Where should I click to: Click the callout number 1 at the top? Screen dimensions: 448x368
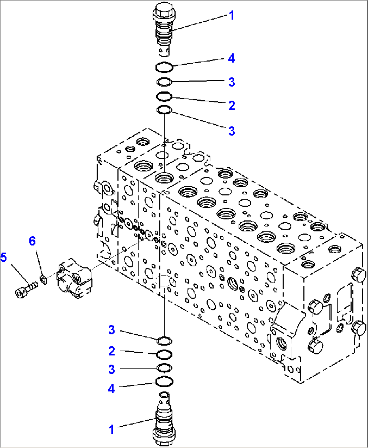click(x=231, y=16)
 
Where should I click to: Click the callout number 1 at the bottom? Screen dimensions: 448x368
click(x=111, y=429)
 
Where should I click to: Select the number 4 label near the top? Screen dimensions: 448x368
click(x=231, y=58)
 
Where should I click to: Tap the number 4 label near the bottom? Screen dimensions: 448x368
click(x=111, y=388)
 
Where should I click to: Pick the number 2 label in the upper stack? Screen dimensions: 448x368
click(x=232, y=105)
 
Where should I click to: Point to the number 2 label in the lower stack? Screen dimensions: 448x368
click(x=112, y=351)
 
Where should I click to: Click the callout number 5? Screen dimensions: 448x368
click(x=3, y=257)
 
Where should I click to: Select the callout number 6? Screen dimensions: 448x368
click(x=32, y=241)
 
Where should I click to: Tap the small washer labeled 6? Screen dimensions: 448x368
click(x=43, y=279)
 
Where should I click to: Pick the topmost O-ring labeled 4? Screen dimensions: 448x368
click(x=164, y=67)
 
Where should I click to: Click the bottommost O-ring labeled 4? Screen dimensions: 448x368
click(x=164, y=381)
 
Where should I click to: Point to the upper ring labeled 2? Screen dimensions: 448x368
click(x=164, y=97)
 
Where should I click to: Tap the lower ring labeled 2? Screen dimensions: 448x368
click(x=164, y=354)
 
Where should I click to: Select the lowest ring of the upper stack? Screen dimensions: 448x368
click(x=164, y=110)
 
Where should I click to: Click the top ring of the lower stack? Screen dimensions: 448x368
click(x=164, y=340)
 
